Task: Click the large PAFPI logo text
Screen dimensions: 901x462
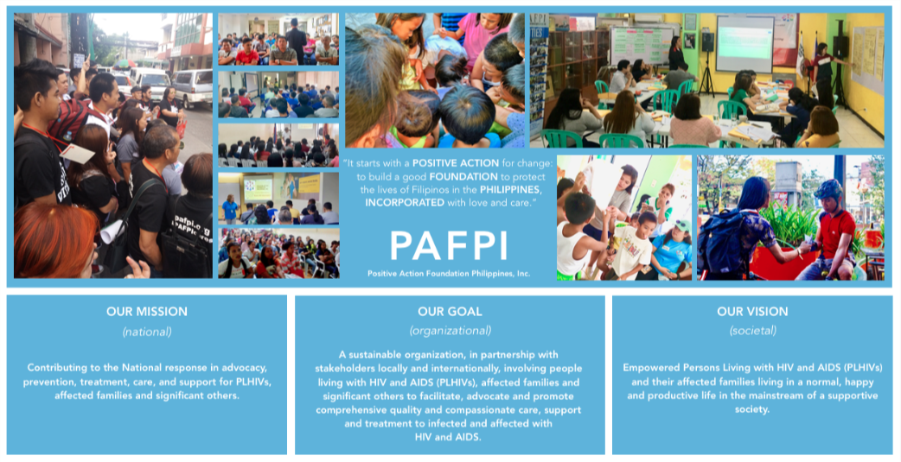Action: pos(448,245)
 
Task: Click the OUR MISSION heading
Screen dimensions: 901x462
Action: pos(147,312)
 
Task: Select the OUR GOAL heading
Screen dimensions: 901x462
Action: pos(450,312)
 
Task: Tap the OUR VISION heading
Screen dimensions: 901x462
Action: pos(752,312)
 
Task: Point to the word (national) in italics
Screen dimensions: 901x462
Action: pos(147,331)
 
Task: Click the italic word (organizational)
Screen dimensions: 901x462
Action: pos(450,331)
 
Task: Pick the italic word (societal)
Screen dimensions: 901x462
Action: pos(753,331)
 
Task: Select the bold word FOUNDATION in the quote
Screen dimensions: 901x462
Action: pos(463,176)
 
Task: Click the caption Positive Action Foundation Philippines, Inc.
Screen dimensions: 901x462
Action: pos(449,274)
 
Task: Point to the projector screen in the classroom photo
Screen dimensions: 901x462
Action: pos(744,43)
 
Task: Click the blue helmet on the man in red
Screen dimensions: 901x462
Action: pos(828,189)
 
